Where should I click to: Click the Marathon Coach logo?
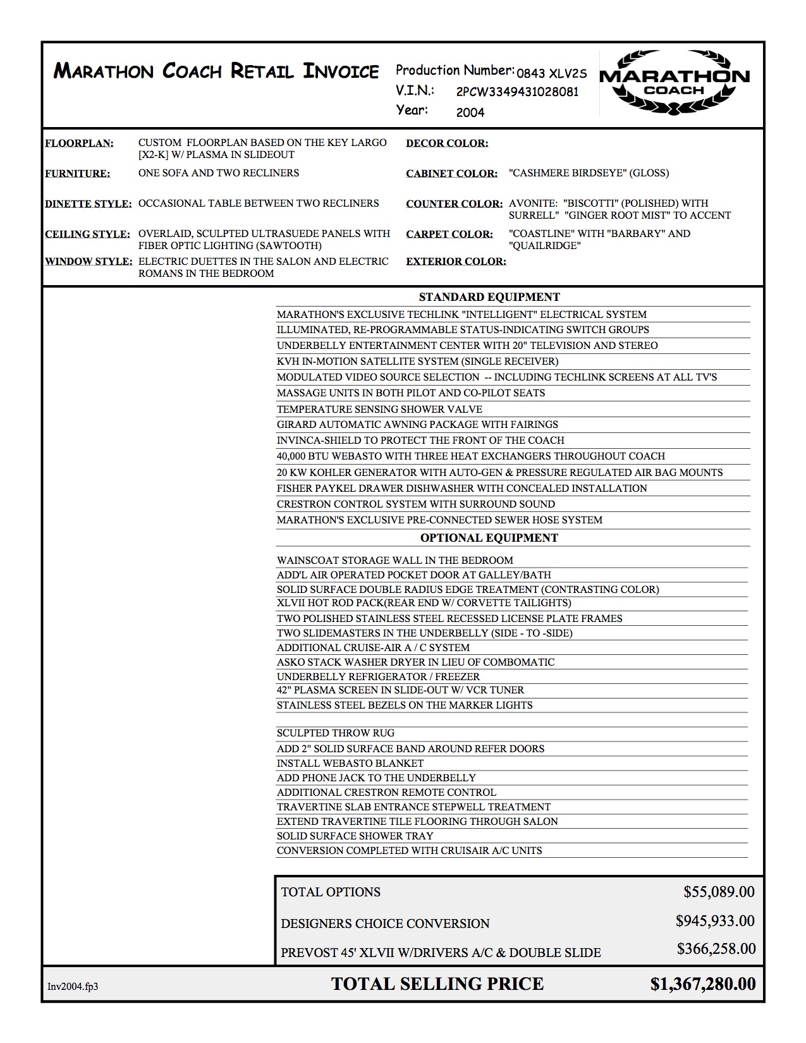pos(674,83)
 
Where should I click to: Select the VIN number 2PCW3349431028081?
pos(517,92)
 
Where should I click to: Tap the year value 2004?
pos(470,113)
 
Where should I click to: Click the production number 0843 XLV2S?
pos(551,73)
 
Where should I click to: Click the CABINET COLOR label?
pos(451,173)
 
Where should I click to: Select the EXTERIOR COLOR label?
pos(456,261)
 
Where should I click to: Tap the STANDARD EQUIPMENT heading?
pos(489,297)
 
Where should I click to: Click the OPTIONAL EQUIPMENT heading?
pos(489,538)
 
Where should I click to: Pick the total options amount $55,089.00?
pos(719,892)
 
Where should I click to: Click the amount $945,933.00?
pos(715,921)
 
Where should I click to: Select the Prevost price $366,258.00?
pos(716,949)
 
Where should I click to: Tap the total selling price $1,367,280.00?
pos(703,984)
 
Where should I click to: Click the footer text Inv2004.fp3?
pos(73,986)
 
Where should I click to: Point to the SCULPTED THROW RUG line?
pos(335,733)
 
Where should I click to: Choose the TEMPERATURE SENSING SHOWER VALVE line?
pos(379,409)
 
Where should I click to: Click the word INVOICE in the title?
pos(341,71)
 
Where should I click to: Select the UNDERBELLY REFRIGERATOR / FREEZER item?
pos(378,676)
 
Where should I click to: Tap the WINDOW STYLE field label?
pos(89,261)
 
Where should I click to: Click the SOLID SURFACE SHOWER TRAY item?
pos(355,836)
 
